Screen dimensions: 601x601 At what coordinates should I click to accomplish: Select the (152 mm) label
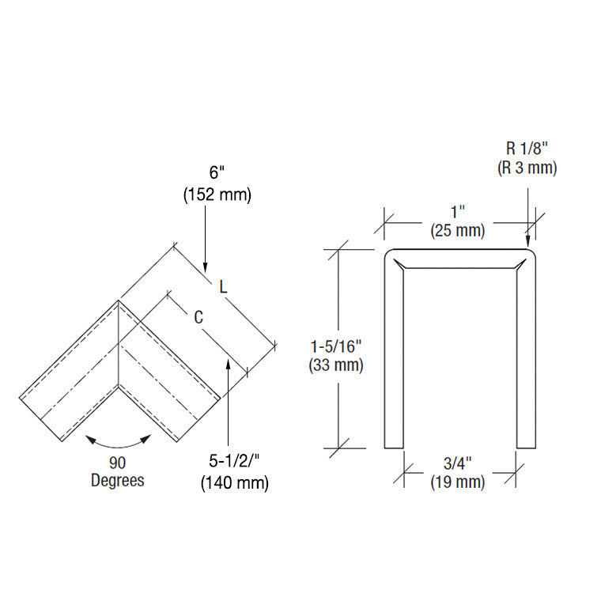[x=217, y=195]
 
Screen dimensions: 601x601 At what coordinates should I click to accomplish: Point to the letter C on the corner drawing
[x=199, y=317]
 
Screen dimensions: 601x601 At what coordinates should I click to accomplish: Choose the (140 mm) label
[x=234, y=483]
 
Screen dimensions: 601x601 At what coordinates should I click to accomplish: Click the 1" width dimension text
[x=457, y=212]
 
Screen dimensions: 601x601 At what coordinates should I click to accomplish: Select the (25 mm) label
[x=457, y=230]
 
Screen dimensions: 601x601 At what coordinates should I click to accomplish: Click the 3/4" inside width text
[x=458, y=463]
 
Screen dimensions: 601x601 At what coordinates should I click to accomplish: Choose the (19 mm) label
[x=458, y=482]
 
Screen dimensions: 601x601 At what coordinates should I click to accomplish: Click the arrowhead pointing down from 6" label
[x=205, y=266]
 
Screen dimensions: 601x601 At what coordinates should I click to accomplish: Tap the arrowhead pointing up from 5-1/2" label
[x=229, y=365]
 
